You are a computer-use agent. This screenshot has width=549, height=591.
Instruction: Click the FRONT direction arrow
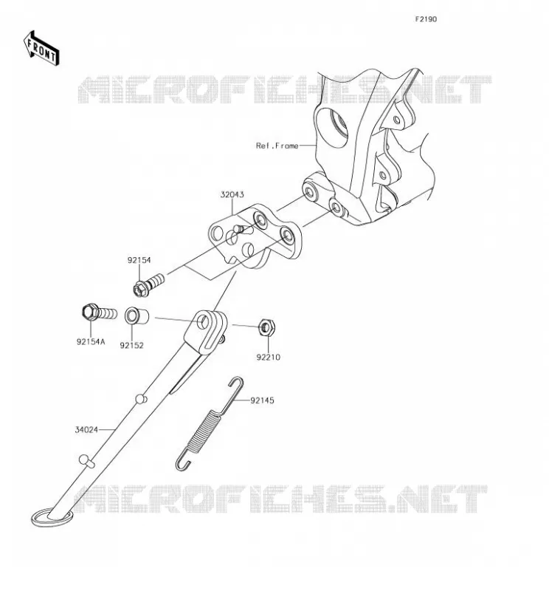[x=41, y=48]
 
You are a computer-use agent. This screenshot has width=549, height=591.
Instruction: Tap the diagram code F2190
[x=426, y=19]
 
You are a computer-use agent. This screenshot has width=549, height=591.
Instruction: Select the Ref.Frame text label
[x=277, y=146]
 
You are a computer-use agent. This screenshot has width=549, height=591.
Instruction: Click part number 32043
[x=232, y=194]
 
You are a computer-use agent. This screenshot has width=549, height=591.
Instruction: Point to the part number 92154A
[x=91, y=341]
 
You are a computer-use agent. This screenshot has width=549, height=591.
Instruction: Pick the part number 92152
[x=132, y=345]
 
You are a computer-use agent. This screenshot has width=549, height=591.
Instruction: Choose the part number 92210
[x=268, y=357]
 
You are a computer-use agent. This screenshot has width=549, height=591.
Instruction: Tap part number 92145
[x=262, y=400]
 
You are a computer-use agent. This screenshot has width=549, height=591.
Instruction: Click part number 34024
[x=86, y=430]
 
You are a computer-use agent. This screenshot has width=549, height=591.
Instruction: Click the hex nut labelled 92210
[x=266, y=327]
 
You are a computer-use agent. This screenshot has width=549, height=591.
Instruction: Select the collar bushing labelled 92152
[x=137, y=316]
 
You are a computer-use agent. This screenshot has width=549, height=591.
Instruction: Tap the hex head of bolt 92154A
[x=90, y=312]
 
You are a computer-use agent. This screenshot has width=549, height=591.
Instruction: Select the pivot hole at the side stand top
[x=204, y=322]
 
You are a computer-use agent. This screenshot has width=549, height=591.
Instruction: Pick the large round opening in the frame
[x=332, y=126]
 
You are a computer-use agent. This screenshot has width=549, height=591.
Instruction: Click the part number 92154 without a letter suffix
[x=139, y=260]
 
